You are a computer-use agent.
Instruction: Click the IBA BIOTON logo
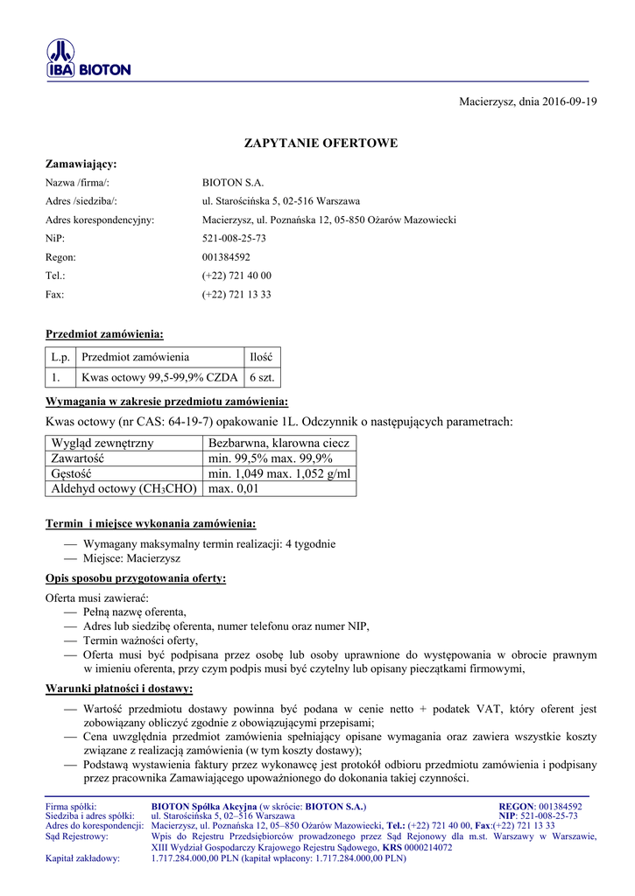(88, 59)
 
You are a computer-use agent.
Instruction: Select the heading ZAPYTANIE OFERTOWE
(320, 143)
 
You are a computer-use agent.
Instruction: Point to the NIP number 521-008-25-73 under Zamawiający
(234, 238)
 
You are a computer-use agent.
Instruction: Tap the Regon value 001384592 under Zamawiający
(226, 257)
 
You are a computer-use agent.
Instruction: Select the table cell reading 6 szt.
(262, 378)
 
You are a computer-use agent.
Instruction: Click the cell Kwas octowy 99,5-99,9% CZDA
(159, 378)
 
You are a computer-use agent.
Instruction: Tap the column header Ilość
(262, 357)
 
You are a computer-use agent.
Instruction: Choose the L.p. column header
(60, 357)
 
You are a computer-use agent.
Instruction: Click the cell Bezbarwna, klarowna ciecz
(279, 444)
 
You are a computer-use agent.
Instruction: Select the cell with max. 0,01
(234, 488)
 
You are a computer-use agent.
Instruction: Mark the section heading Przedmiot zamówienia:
(104, 333)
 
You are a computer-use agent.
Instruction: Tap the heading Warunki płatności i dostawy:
(119, 689)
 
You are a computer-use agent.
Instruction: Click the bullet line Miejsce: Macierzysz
(131, 557)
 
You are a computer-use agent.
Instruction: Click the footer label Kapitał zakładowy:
(82, 858)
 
